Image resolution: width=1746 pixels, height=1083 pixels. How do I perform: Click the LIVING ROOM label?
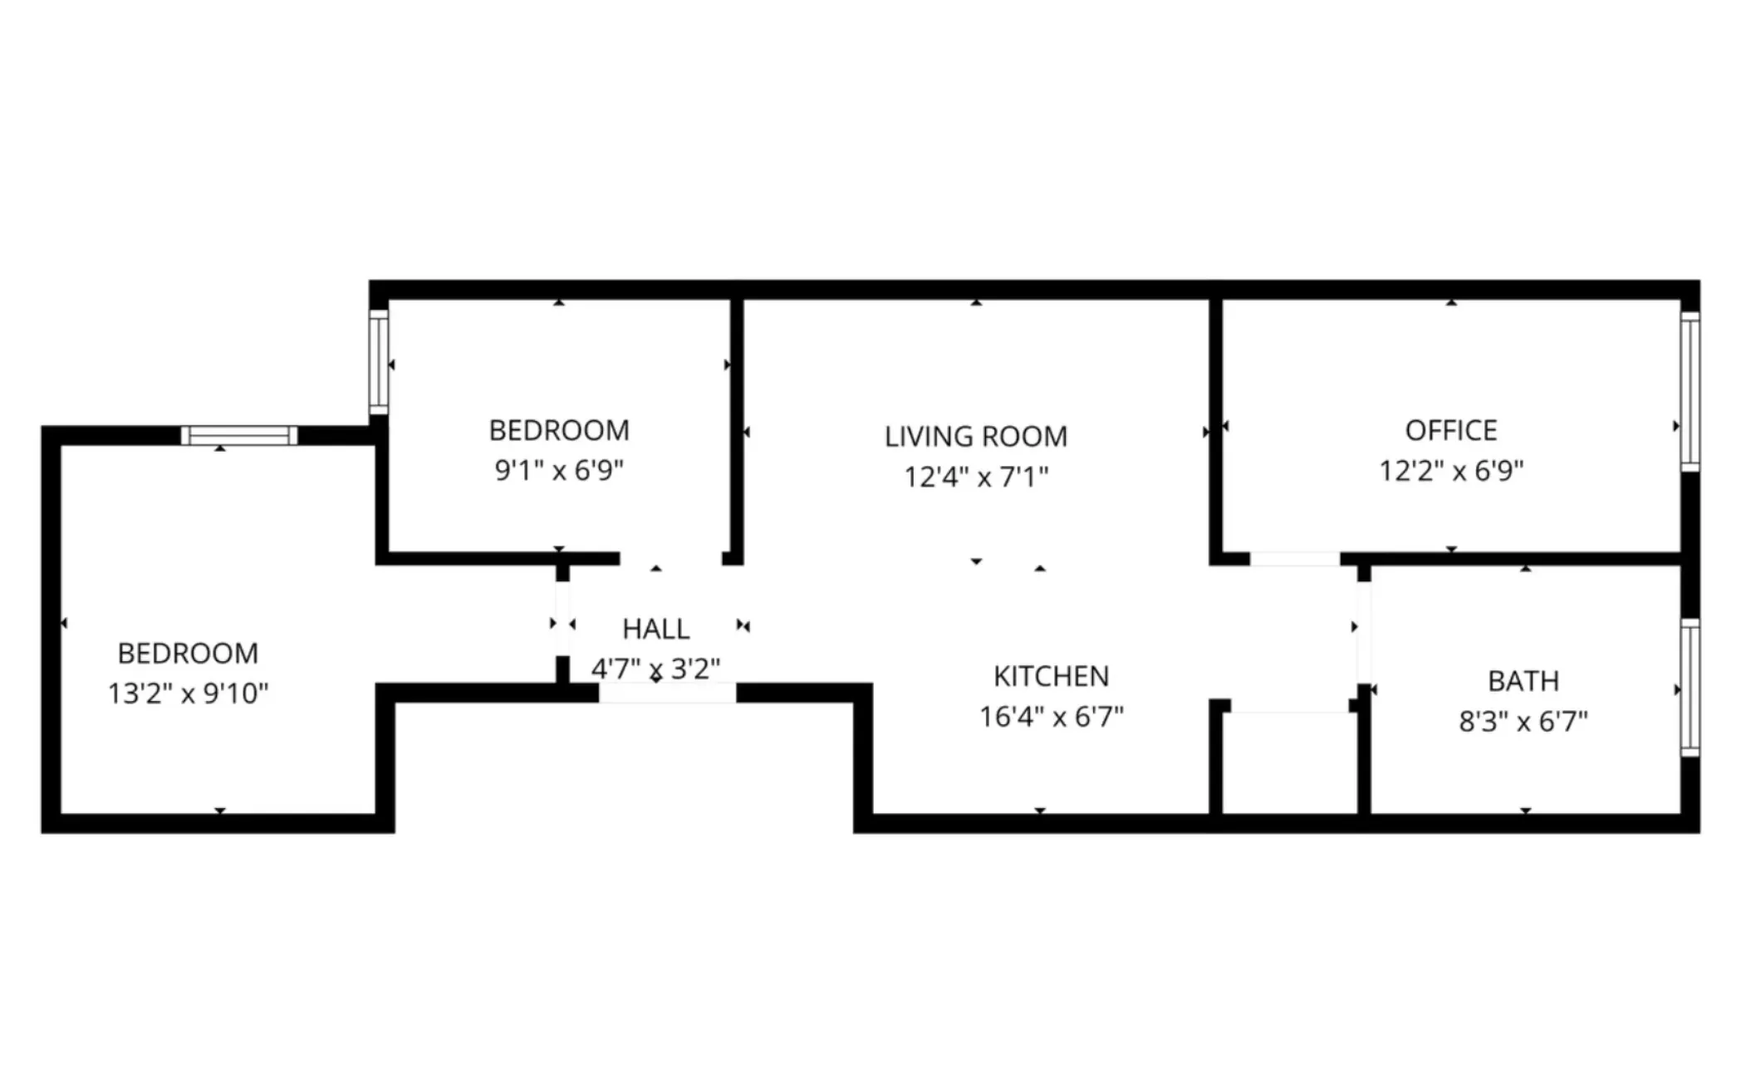point(975,437)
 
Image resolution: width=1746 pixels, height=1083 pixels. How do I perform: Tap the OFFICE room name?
point(1450,431)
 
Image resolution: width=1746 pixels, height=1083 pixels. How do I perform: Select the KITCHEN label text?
point(1051,677)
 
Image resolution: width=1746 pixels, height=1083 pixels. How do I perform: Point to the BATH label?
point(1523,682)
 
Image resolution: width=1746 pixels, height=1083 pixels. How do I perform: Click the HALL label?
point(655,630)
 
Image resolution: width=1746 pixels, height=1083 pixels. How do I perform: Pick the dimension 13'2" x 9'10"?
point(188,693)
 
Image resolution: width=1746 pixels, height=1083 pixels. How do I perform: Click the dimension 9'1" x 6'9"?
point(558,471)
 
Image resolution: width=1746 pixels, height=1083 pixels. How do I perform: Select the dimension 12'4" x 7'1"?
point(975,478)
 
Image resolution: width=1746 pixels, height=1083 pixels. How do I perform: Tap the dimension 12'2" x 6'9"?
point(1450,471)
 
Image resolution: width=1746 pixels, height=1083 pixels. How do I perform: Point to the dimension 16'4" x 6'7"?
point(1051,717)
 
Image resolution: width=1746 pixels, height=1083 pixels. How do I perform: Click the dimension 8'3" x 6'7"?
point(1523,722)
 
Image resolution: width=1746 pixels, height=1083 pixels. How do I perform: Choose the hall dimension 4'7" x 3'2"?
point(655,669)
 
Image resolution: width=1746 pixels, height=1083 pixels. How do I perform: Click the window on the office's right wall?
point(1690,391)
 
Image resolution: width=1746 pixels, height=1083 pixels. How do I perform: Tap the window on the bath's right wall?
point(1690,688)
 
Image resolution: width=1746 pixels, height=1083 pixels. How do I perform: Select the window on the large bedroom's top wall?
point(239,435)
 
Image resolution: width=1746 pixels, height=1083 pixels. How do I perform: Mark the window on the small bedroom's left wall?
point(379,361)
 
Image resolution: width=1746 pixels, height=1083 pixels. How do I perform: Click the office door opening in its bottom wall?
point(1294,559)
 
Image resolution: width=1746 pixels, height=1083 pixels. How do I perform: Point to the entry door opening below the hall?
point(667,693)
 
